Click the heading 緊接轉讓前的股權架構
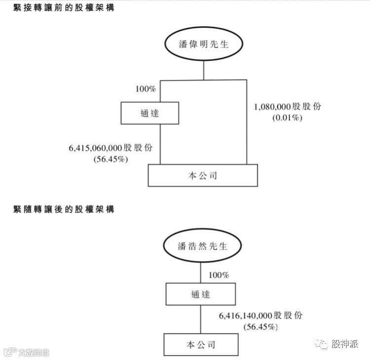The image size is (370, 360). [x=64, y=8]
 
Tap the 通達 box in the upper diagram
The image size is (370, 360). [x=149, y=113]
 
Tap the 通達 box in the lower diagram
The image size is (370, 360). [x=200, y=294]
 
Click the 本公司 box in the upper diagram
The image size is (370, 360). [x=203, y=175]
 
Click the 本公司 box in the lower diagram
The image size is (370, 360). [x=201, y=344]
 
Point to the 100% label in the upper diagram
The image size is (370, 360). [x=146, y=89]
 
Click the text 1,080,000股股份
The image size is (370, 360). [x=287, y=107]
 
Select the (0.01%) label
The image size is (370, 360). [x=287, y=119]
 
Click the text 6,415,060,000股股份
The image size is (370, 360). [x=111, y=147]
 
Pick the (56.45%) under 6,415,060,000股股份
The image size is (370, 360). [x=111, y=159]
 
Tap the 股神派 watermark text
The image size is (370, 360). [x=345, y=344]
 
